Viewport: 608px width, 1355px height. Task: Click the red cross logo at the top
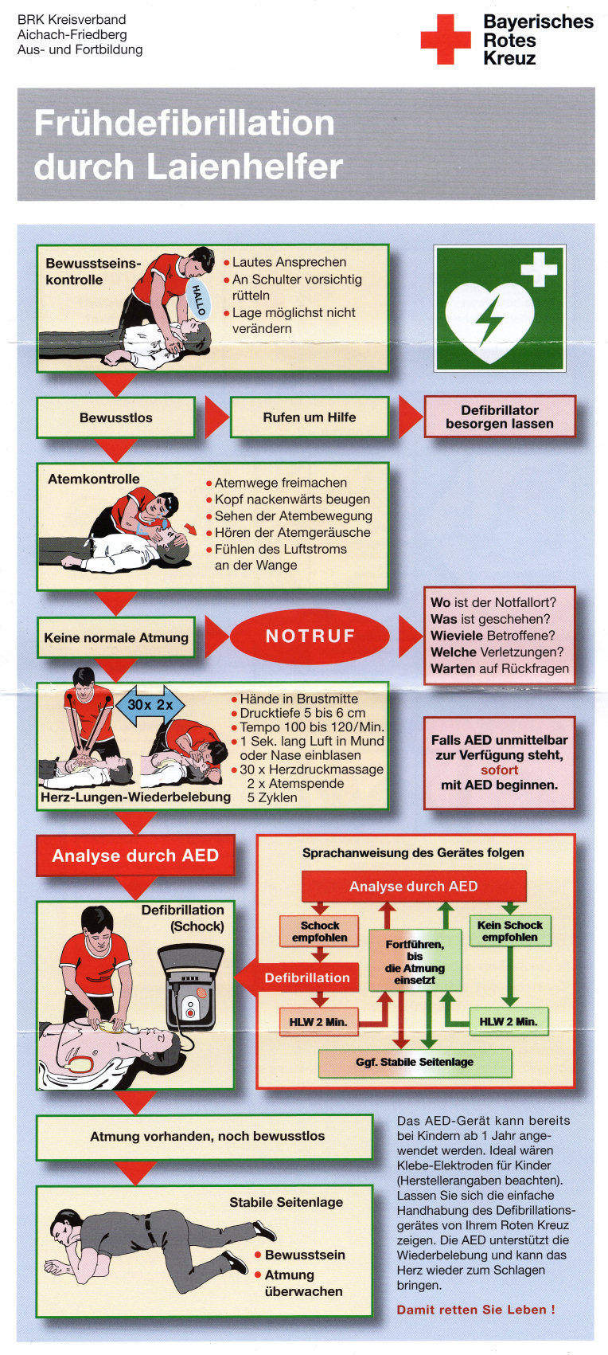pos(445,39)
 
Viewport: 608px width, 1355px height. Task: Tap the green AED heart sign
pos(499,308)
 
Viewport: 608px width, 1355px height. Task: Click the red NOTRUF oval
pos(310,636)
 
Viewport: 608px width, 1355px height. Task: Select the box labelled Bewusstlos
pos(115,417)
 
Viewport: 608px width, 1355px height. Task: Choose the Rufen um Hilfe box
pos(309,417)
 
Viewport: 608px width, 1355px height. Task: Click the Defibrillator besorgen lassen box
pos(499,417)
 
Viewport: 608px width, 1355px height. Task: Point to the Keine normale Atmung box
pos(116,637)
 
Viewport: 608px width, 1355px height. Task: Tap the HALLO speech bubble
pos(198,299)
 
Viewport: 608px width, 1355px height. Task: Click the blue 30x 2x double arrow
pos(150,705)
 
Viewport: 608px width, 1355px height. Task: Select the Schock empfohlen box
pos(319,931)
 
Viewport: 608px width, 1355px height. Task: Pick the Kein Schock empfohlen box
pos(509,930)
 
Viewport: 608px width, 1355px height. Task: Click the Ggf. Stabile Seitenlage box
pos(415,1062)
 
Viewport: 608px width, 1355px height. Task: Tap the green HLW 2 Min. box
pos(508,1021)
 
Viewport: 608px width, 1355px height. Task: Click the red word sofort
pos(499,770)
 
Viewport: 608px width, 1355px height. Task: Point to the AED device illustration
pos(191,993)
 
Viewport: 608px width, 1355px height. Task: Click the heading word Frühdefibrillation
pos(184,123)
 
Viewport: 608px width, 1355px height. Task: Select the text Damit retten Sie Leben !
pos(476,1310)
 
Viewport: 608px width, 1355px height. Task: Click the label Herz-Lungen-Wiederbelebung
pos(135,797)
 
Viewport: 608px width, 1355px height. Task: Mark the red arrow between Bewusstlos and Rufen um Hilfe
pos(215,417)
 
